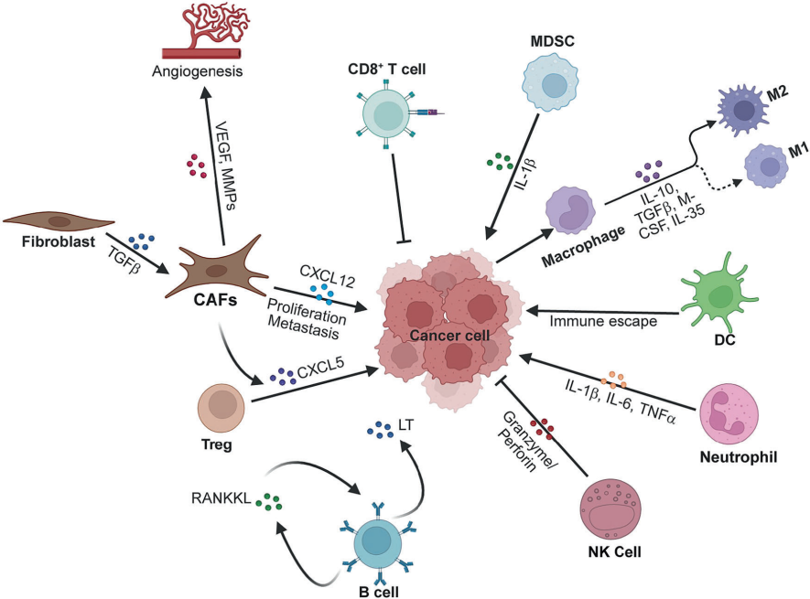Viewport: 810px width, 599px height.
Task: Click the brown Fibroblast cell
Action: (x=59, y=222)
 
